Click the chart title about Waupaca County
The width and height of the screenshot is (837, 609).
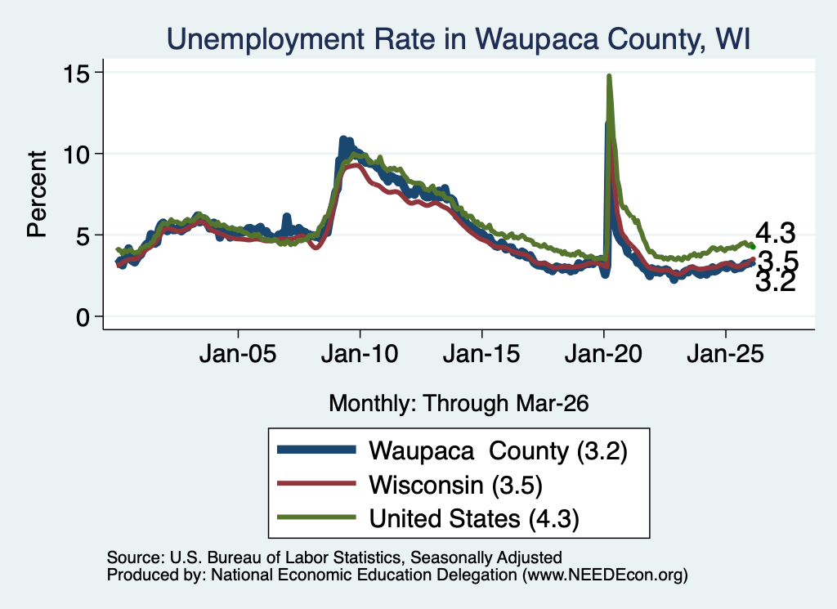pyautogui.click(x=459, y=39)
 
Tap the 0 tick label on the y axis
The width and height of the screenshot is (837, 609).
pyautogui.click(x=83, y=317)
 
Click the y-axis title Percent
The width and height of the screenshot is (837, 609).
pyautogui.click(x=37, y=194)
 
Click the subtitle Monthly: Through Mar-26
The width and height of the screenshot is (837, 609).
pyautogui.click(x=459, y=404)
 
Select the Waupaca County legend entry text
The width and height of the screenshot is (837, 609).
pyautogui.click(x=498, y=451)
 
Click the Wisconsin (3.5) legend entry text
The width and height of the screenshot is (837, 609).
pyautogui.click(x=455, y=486)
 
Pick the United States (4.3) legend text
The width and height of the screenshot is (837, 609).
pyautogui.click(x=474, y=519)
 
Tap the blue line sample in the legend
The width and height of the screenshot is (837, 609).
pyautogui.click(x=316, y=450)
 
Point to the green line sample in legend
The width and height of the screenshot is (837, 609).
pyautogui.click(x=316, y=517)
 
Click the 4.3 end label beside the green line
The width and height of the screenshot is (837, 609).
pyautogui.click(x=775, y=233)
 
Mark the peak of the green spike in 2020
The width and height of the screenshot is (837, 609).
pyautogui.click(x=609, y=76)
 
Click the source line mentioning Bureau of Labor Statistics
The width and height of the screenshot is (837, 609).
pyautogui.click(x=334, y=558)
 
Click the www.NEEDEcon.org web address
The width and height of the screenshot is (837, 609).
pyautogui.click(x=605, y=575)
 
